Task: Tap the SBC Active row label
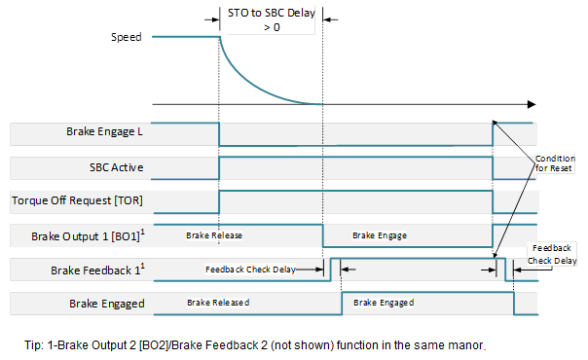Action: point(116,167)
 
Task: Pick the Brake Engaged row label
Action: point(107,304)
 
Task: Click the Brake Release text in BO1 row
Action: point(214,235)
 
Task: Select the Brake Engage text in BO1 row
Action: point(380,235)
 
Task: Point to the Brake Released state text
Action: point(218,303)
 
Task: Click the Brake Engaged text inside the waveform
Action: point(386,303)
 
